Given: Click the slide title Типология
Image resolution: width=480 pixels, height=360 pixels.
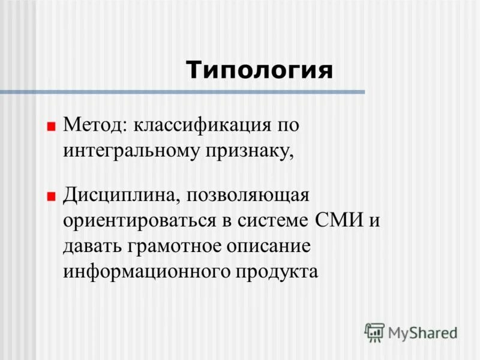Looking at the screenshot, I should (x=259, y=70).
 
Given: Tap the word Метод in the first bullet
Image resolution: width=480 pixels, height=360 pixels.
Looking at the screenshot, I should (x=92, y=125).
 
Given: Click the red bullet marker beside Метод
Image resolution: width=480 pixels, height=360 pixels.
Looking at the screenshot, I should (x=51, y=127).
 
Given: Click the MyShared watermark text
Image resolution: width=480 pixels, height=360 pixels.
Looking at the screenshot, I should (x=422, y=332).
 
